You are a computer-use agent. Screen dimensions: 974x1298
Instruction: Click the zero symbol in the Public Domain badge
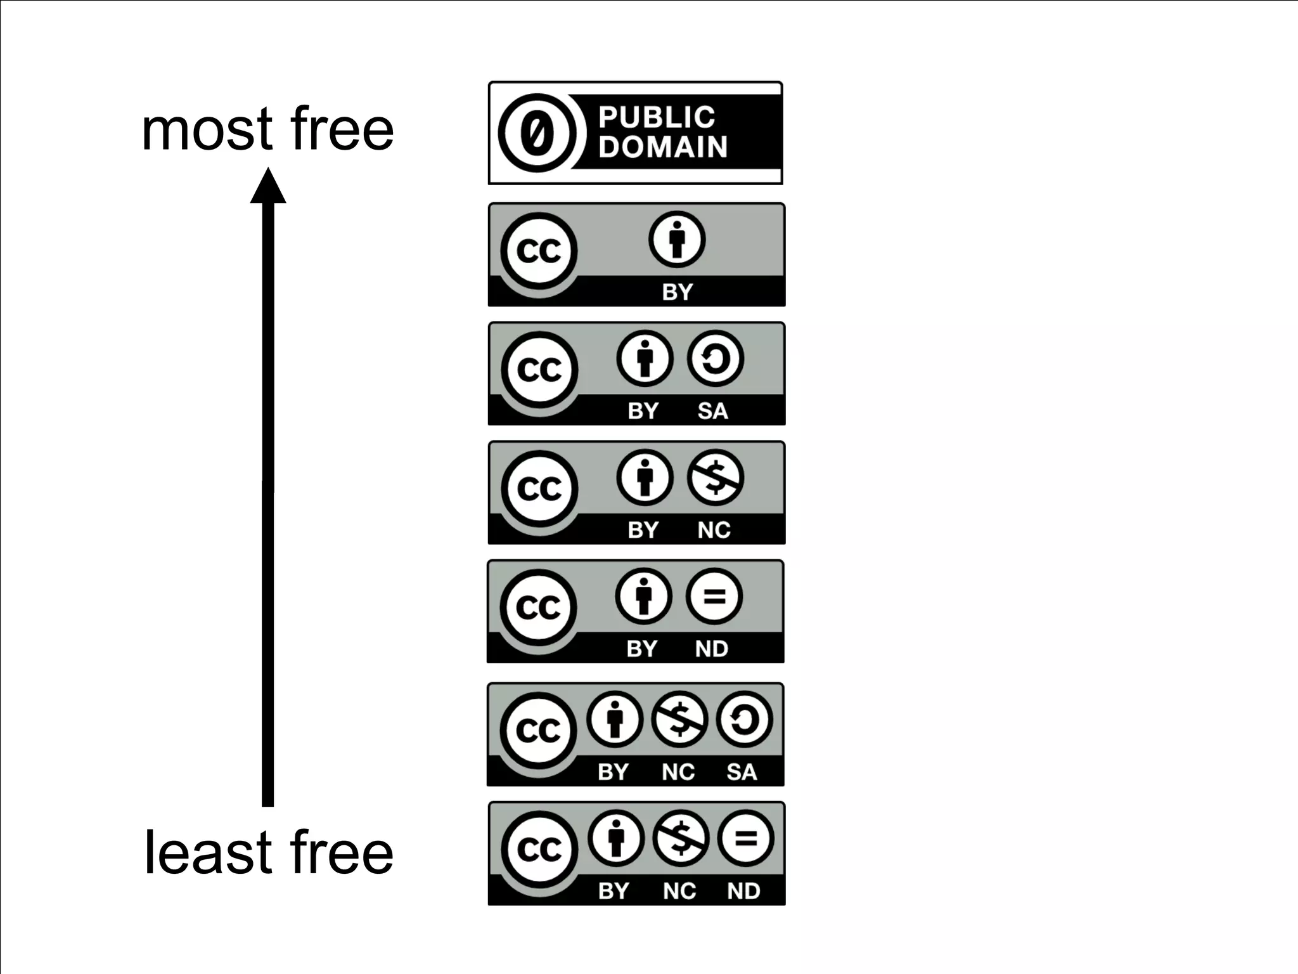tap(537, 133)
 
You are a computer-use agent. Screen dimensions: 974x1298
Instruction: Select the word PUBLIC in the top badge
tap(657, 117)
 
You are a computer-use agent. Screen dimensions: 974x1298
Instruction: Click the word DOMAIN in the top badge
tap(663, 147)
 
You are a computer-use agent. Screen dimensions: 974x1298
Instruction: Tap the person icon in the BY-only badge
tap(677, 240)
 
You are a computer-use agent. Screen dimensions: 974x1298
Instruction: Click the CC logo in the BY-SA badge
tap(539, 370)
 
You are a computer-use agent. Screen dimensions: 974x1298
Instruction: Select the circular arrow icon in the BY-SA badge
tap(716, 359)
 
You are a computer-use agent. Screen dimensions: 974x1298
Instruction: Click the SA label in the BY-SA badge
tap(713, 411)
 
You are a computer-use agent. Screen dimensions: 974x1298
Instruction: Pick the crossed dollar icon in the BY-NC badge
tap(716, 477)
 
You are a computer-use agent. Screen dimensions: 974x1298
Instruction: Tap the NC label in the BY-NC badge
tap(714, 530)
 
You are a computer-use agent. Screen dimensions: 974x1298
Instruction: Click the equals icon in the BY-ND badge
tap(714, 597)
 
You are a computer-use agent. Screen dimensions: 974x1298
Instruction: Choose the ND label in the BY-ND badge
tap(712, 649)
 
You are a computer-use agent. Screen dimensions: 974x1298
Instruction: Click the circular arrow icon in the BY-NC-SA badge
tap(744, 720)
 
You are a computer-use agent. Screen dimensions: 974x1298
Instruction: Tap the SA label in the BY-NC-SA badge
tap(742, 772)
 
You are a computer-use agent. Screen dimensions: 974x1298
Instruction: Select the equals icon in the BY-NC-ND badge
tap(745, 839)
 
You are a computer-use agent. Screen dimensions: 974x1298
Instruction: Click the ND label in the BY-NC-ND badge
tap(743, 891)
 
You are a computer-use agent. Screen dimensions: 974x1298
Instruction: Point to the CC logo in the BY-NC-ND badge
tap(539, 849)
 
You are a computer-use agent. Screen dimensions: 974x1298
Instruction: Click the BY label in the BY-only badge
tap(678, 292)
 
